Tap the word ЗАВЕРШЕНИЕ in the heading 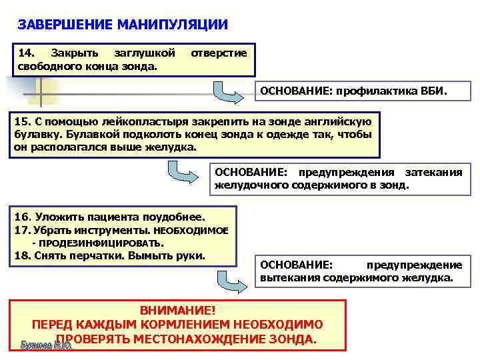click(65, 25)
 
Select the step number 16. click(23, 217)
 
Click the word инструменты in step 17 click(99, 230)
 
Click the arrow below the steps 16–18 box click(227, 280)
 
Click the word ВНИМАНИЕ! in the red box click(177, 311)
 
